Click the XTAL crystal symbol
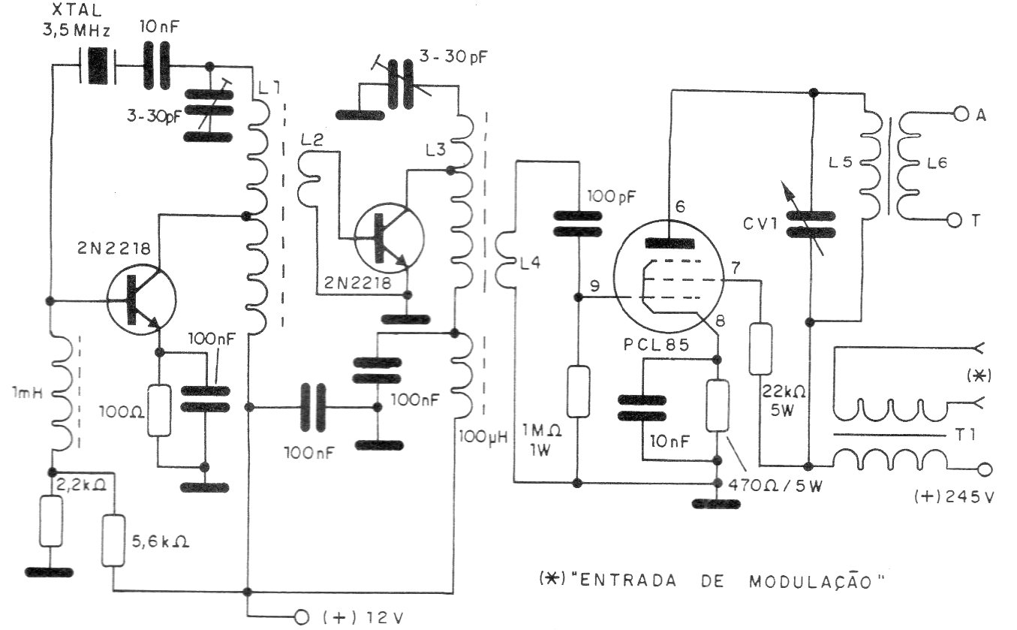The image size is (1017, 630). [97, 66]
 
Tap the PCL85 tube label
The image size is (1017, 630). [657, 345]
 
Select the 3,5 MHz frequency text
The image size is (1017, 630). [77, 31]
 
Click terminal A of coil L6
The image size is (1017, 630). [961, 113]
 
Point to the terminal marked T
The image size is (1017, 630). [976, 221]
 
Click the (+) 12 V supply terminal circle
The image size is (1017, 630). [302, 616]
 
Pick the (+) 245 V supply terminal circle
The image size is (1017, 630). [984, 469]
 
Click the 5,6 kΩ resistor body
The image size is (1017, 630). [113, 541]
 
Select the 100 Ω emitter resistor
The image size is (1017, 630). [159, 411]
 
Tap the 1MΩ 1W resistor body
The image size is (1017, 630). [579, 391]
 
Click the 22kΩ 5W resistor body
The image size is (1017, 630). [760, 349]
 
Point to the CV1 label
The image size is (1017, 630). [760, 224]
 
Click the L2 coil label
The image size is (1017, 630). [311, 140]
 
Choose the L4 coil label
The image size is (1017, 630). [529, 263]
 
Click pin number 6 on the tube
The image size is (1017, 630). [680, 206]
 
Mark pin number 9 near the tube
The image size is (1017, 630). [594, 285]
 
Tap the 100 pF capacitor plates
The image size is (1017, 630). [577, 224]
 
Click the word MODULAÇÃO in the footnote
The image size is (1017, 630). [811, 581]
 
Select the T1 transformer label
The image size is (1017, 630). [965, 435]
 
